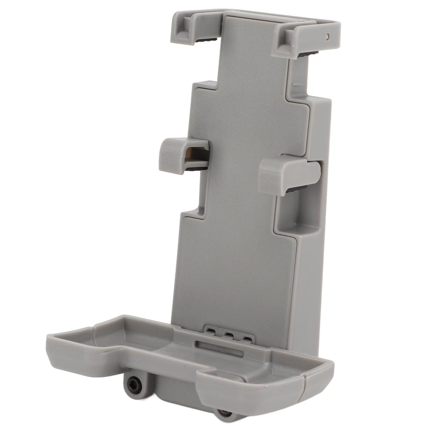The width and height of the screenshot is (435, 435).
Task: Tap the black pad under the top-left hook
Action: coord(206,40)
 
